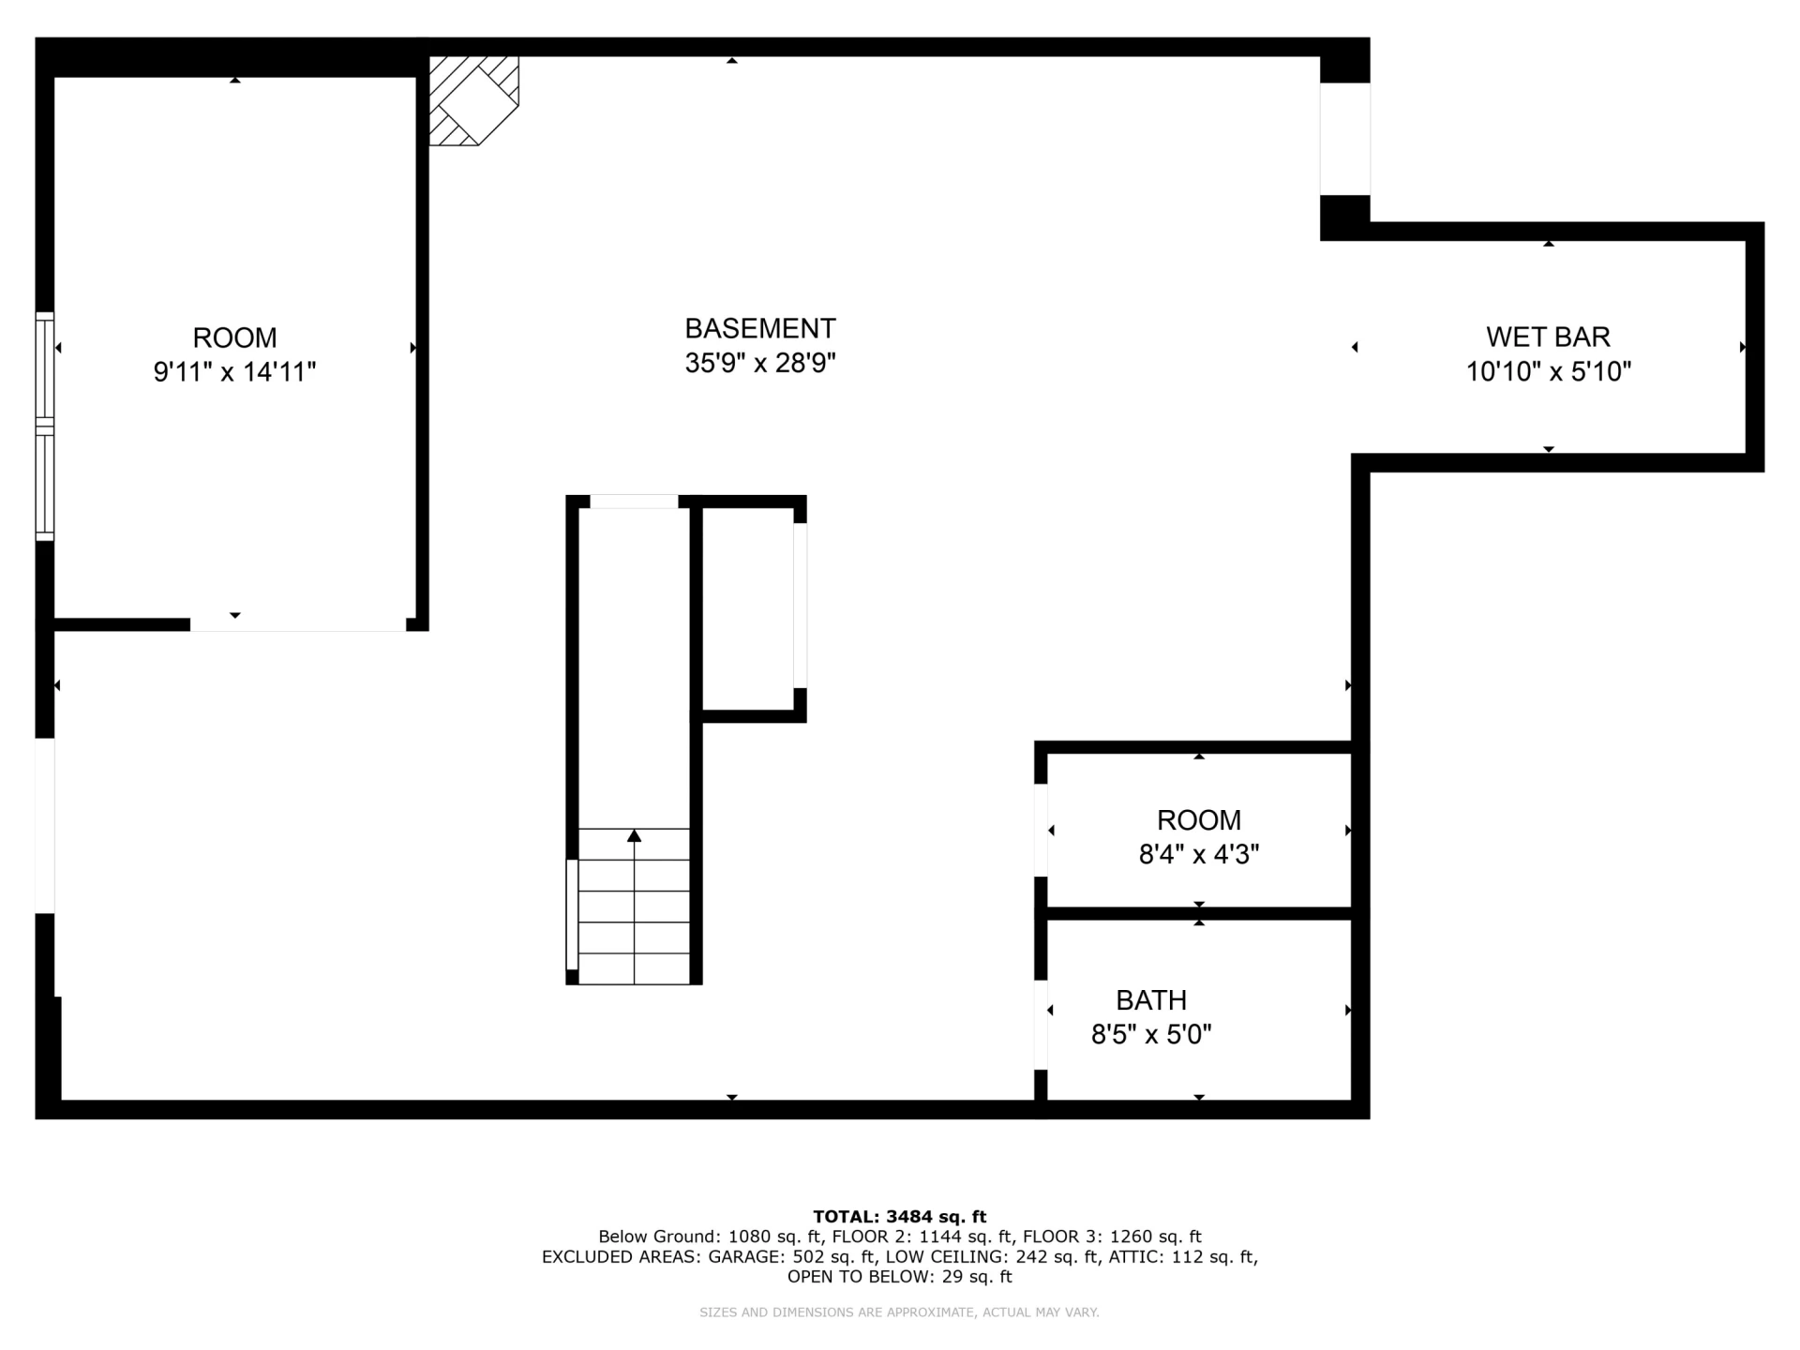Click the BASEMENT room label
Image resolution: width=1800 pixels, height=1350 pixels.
click(759, 328)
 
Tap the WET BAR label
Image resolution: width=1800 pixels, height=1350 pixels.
click(1548, 337)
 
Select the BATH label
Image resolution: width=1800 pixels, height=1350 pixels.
click(1151, 1000)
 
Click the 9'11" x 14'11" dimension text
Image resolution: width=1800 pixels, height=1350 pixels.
click(234, 372)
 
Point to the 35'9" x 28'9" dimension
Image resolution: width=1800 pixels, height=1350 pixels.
click(759, 363)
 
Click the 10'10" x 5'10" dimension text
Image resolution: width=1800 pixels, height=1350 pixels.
click(1548, 372)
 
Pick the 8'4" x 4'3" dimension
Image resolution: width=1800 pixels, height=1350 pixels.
click(1198, 855)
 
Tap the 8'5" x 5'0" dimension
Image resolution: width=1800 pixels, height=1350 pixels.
click(1151, 1035)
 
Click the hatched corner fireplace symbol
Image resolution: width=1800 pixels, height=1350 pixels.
click(473, 100)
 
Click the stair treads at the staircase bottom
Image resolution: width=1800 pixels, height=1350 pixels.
click(634, 907)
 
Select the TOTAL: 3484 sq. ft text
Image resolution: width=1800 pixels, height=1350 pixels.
click(899, 1217)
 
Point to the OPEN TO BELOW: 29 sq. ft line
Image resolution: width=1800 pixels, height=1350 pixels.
click(899, 1277)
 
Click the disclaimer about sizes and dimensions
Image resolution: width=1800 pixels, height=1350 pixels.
click(899, 1312)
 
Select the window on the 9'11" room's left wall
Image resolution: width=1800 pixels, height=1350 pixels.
click(45, 427)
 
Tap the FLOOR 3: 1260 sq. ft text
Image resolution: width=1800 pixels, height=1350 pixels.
click(1112, 1237)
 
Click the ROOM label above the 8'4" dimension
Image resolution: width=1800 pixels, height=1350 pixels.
click(1198, 820)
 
